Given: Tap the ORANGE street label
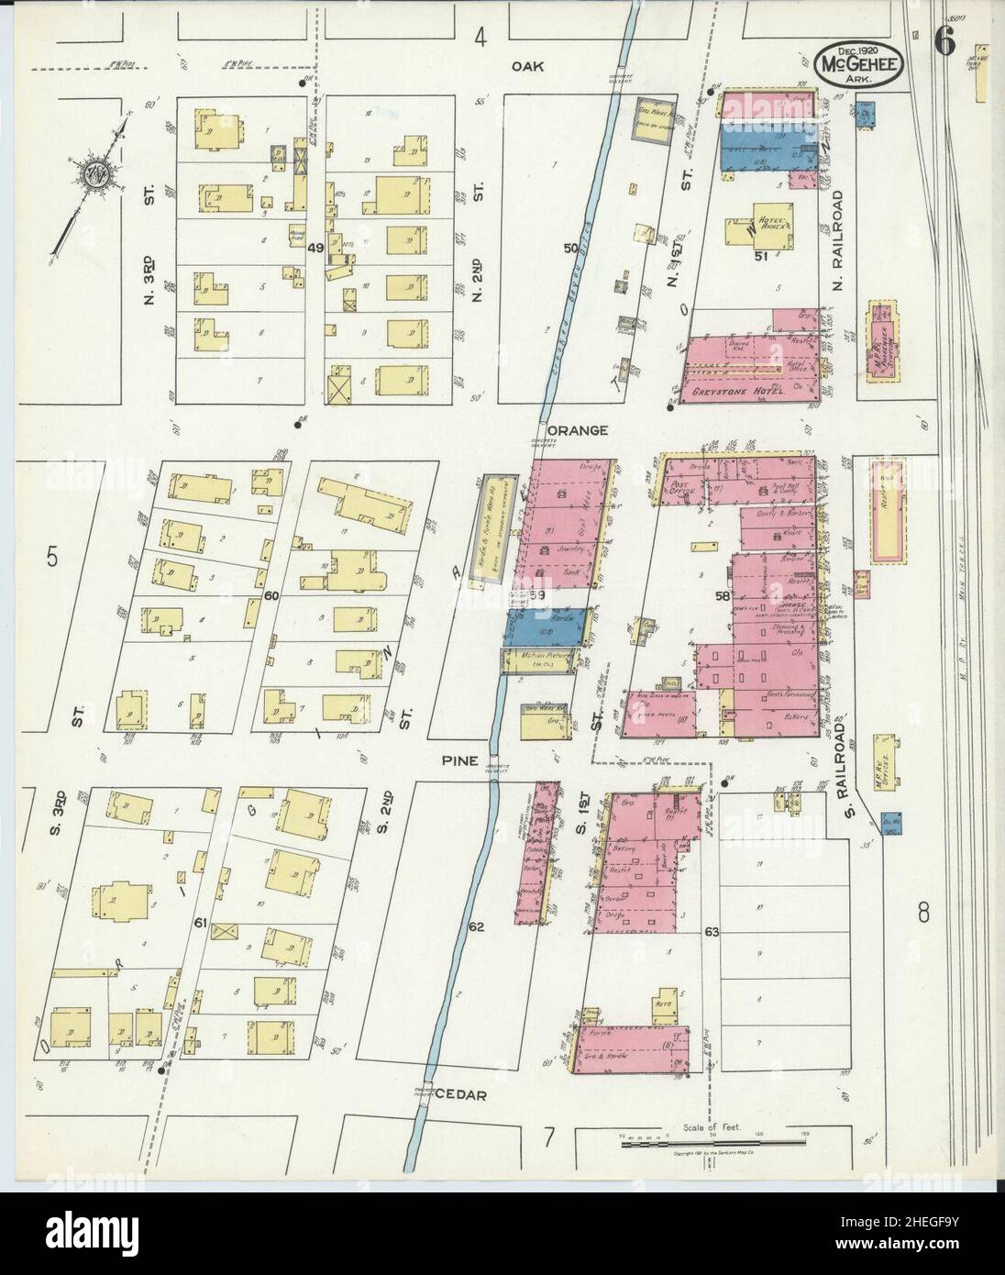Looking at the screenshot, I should click(x=579, y=429).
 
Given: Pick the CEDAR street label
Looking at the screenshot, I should click(x=460, y=1094).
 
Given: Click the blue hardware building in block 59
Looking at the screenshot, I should click(x=547, y=626).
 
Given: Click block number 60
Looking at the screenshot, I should click(x=271, y=596).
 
